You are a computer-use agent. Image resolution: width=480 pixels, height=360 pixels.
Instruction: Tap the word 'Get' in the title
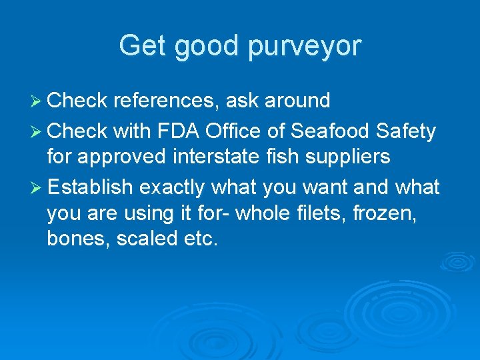click(x=142, y=45)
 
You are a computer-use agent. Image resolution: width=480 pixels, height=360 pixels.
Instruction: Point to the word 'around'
click(x=297, y=101)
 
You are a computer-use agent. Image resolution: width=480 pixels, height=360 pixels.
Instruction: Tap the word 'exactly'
click(x=171, y=188)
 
